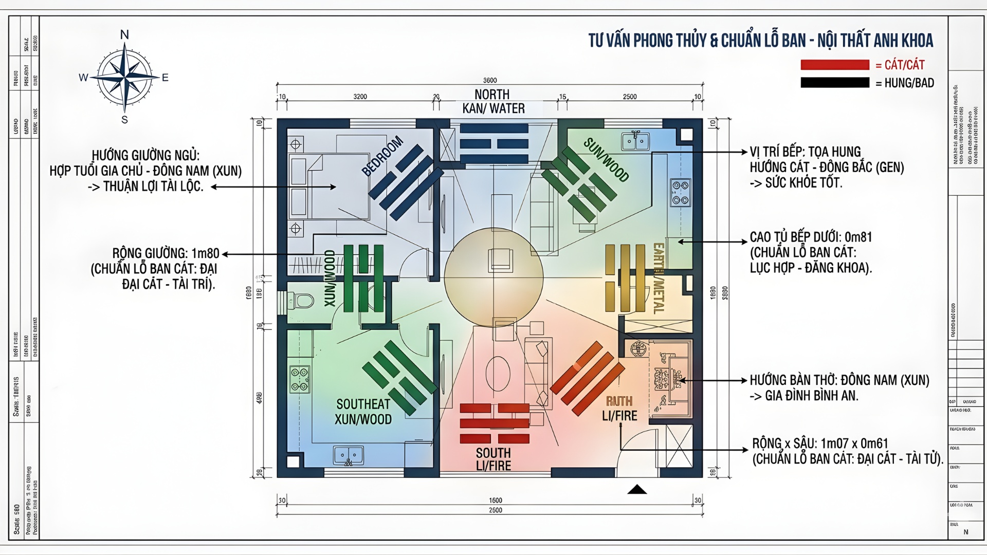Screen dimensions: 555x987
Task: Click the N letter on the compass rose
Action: point(124,35)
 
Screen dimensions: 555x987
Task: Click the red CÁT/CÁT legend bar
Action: point(834,65)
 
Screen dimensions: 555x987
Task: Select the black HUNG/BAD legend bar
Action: point(834,83)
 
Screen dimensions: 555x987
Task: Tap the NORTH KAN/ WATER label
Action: point(493,102)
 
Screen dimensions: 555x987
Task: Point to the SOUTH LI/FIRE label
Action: point(493,459)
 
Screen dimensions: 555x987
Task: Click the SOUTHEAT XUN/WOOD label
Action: point(363,412)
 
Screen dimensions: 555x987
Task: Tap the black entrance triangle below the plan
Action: point(637,489)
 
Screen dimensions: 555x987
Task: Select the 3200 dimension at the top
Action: point(360,97)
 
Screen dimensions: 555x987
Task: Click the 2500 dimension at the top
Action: point(629,97)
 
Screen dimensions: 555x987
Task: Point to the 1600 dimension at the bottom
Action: point(495,500)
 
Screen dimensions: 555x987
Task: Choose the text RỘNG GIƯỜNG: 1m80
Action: point(166,253)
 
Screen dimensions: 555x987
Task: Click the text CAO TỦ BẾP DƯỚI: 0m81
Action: point(811,237)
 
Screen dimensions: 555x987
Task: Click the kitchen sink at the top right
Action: point(635,140)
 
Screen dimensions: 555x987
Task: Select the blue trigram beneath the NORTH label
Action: point(493,144)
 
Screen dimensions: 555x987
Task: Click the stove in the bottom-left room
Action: point(299,379)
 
